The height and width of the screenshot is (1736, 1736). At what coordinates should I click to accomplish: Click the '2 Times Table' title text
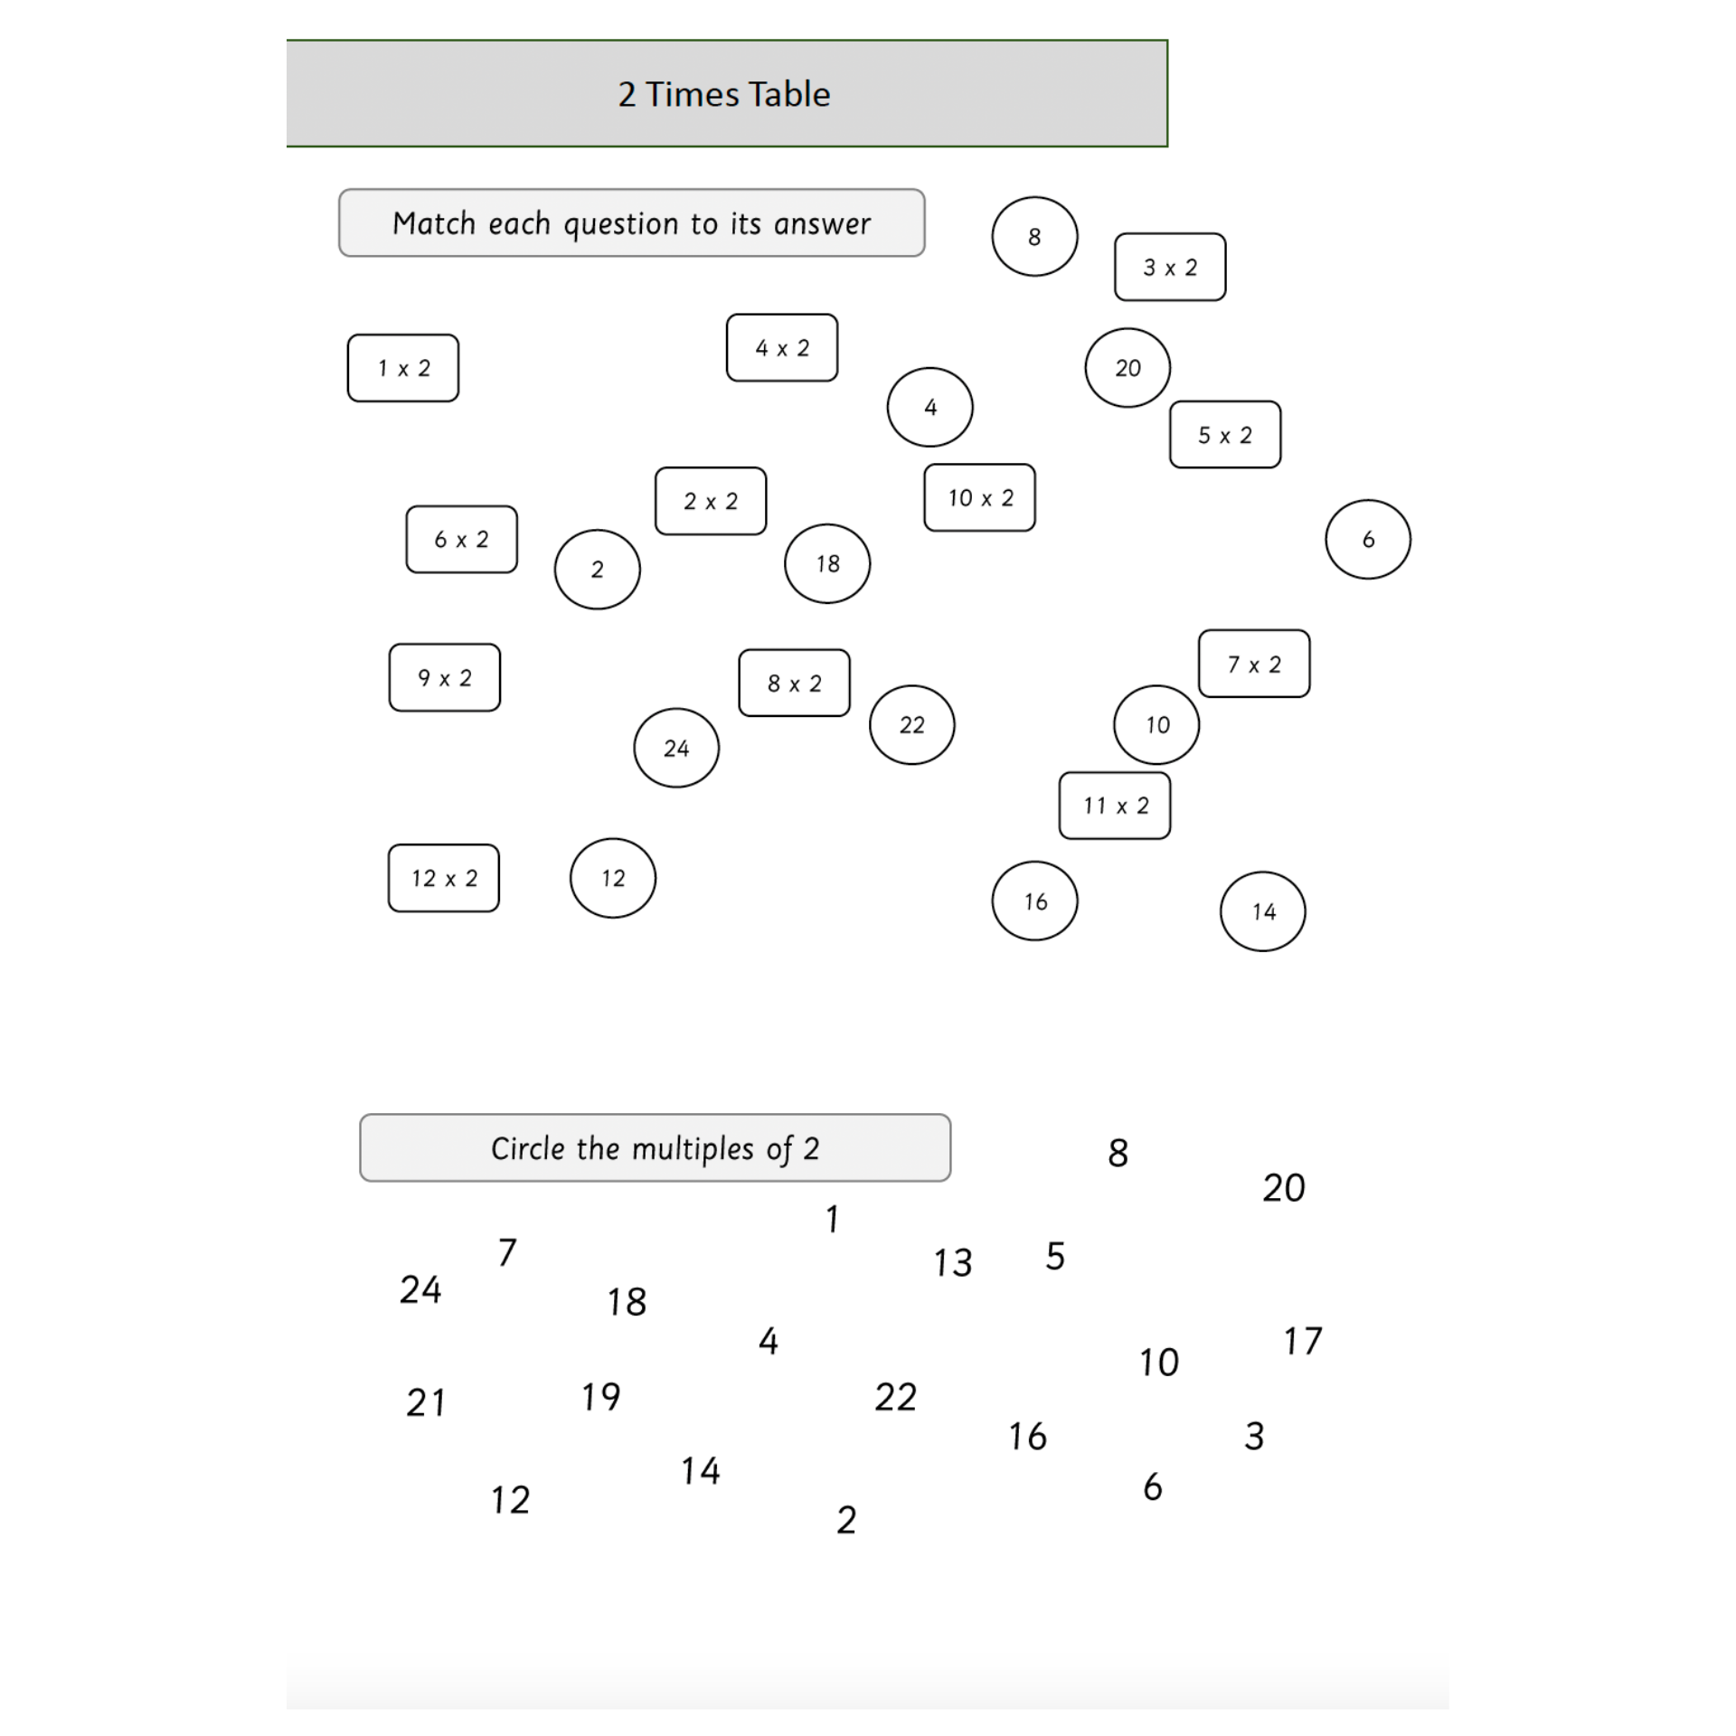pyautogui.click(x=723, y=94)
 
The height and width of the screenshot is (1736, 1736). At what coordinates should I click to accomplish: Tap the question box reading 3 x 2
pyautogui.click(x=1170, y=267)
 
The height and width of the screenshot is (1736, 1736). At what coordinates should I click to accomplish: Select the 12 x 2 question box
pyautogui.click(x=444, y=878)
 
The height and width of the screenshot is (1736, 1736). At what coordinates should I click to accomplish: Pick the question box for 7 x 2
pyautogui.click(x=1254, y=664)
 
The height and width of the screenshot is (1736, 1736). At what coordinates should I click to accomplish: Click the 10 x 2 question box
pyautogui.click(x=979, y=497)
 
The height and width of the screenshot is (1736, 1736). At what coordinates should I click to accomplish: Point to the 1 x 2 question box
pyautogui.click(x=403, y=368)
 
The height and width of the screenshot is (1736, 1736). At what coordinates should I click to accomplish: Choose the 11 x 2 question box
pyautogui.click(x=1115, y=806)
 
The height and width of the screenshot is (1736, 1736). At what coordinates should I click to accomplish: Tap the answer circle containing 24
pyautogui.click(x=676, y=748)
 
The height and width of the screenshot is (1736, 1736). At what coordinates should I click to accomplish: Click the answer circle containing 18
pyautogui.click(x=827, y=563)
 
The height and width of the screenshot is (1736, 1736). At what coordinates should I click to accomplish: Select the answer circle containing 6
pyautogui.click(x=1368, y=539)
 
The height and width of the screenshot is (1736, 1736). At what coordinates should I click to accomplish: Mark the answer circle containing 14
pyautogui.click(x=1263, y=911)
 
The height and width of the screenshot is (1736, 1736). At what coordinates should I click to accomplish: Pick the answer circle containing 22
pyautogui.click(x=912, y=724)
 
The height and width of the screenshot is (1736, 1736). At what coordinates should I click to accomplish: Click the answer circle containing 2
pyautogui.click(x=598, y=570)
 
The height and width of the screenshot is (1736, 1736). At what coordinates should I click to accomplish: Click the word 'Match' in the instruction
pyautogui.click(x=434, y=223)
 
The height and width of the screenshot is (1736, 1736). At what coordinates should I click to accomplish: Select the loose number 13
pyautogui.click(x=953, y=1263)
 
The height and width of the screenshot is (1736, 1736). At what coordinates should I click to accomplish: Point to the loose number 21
pyautogui.click(x=426, y=1402)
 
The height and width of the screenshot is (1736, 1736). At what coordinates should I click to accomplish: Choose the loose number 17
pyautogui.click(x=1303, y=1341)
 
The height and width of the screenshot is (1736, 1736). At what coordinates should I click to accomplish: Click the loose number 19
pyautogui.click(x=601, y=1397)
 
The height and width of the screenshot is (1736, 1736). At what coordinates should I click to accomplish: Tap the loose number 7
pyautogui.click(x=507, y=1252)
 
